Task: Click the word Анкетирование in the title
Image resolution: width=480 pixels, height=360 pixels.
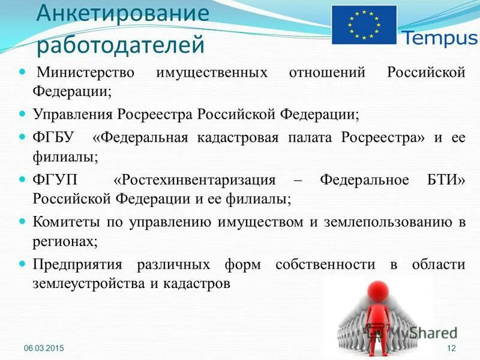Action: tap(122, 14)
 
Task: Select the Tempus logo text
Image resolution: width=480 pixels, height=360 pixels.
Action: tap(439, 39)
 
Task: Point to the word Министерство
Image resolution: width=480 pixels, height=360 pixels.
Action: tap(88, 73)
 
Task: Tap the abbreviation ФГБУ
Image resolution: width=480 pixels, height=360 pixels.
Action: tap(53, 137)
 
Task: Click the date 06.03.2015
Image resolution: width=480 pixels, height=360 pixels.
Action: tap(44, 349)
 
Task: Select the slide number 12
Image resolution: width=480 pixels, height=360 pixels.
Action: tap(452, 349)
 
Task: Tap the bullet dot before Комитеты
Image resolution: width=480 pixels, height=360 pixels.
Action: tap(23, 221)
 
